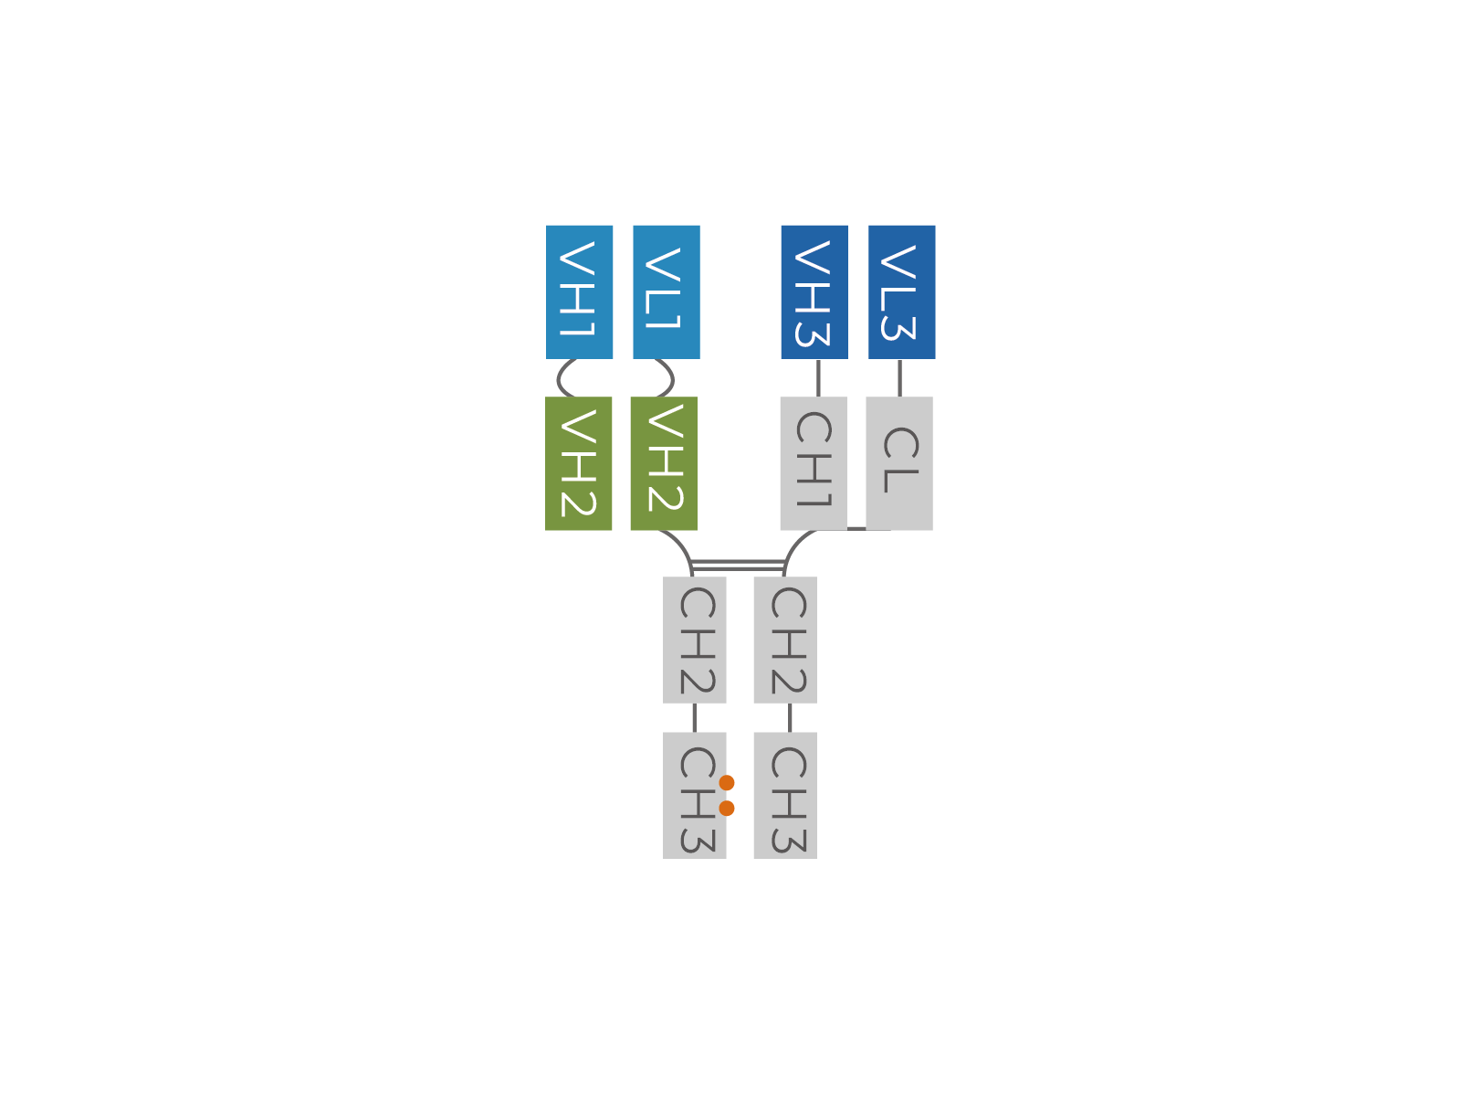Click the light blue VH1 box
(x=579, y=292)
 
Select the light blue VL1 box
(x=667, y=292)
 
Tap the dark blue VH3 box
(x=814, y=292)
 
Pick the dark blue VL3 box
(x=901, y=292)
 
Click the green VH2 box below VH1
(x=578, y=463)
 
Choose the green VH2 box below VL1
(x=665, y=463)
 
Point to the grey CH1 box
(x=814, y=463)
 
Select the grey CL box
(x=899, y=463)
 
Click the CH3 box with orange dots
(x=695, y=796)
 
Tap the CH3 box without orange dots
(x=785, y=796)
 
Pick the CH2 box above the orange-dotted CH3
(x=695, y=640)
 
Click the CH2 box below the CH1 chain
(x=785, y=640)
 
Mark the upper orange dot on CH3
(x=727, y=782)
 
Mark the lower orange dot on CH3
(x=727, y=809)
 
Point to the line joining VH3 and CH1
(x=818, y=378)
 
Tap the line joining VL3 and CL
(x=899, y=378)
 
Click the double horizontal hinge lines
(x=738, y=566)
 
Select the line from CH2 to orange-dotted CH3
(x=695, y=718)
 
